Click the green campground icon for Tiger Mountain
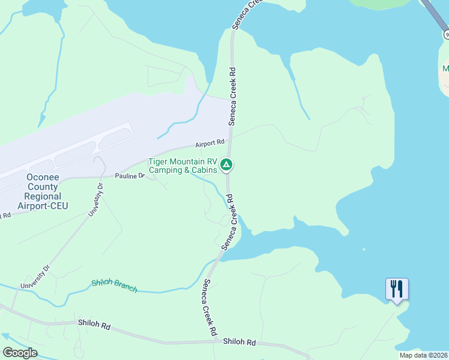coord(226,164)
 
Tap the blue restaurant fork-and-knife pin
coord(397,289)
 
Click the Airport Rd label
coord(209,143)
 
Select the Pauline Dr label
coord(130,176)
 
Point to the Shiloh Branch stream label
coord(114,286)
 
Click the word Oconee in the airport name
coord(43,178)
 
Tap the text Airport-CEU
coord(43,206)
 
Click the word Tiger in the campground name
coord(159,161)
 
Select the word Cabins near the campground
coord(205,170)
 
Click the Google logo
coord(20,353)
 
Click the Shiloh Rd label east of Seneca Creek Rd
coord(240,342)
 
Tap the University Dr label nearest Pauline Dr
coord(96,200)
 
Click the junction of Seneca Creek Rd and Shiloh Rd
coord(216,341)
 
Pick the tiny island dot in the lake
coord(364,249)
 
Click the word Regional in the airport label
coord(43,196)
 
